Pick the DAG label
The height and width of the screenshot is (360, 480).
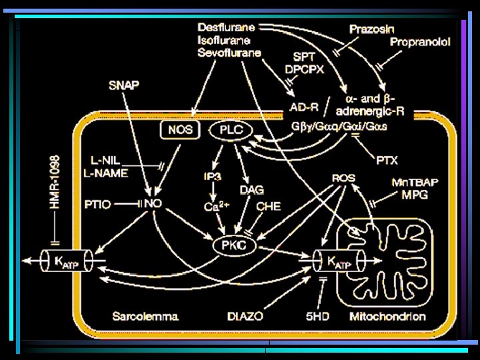tap(252, 191)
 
